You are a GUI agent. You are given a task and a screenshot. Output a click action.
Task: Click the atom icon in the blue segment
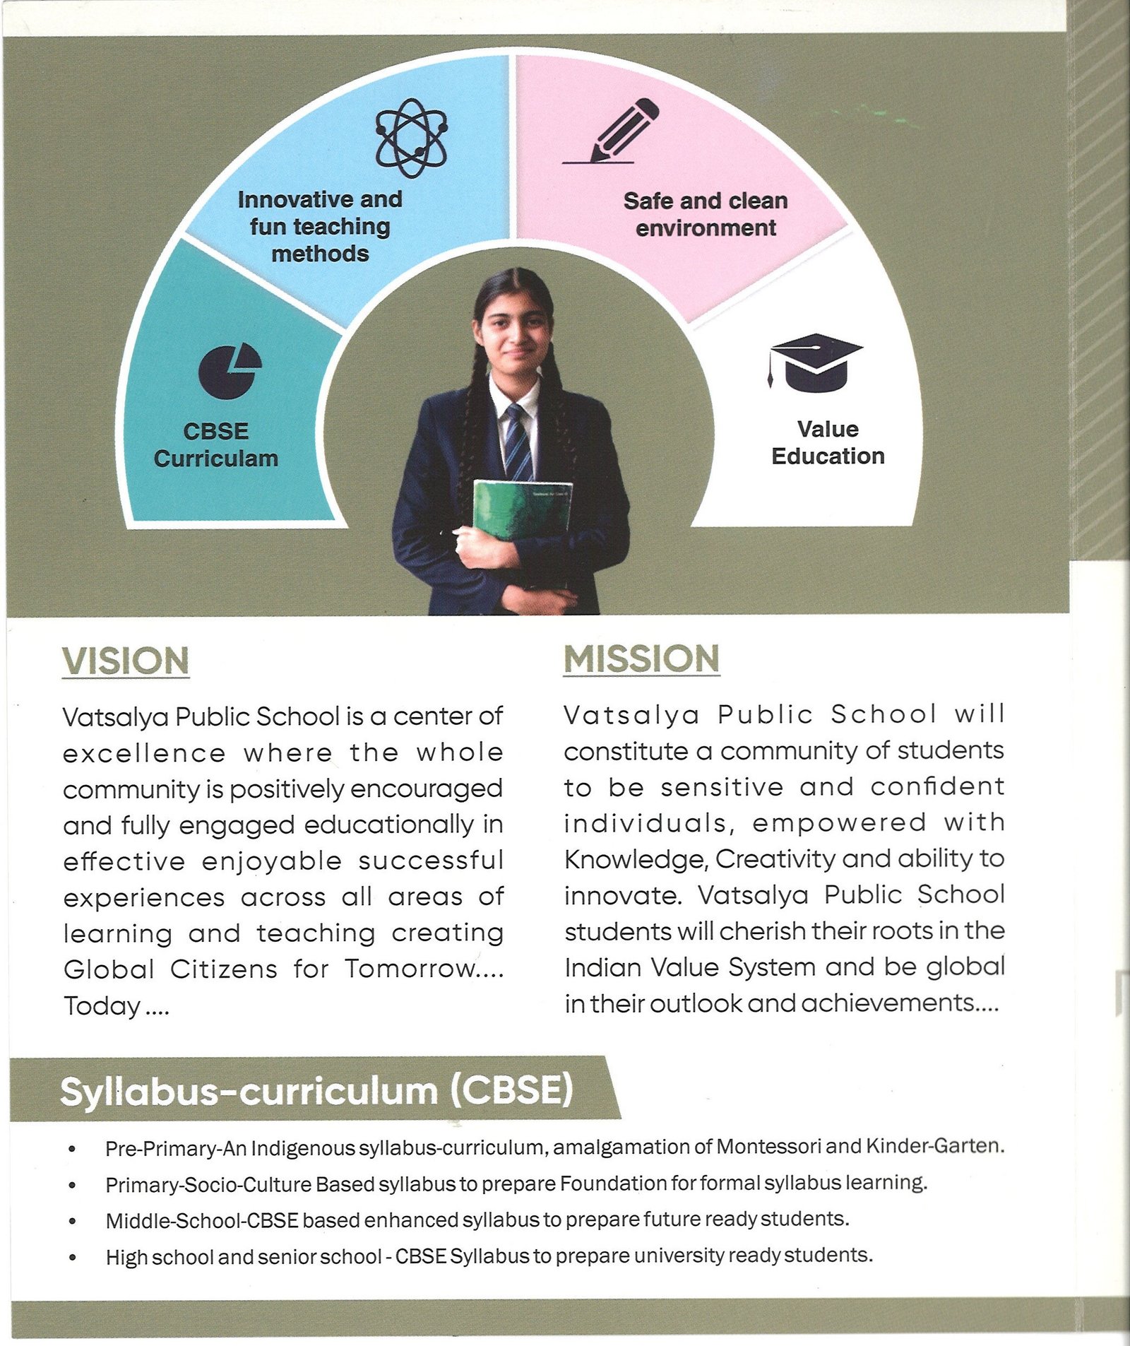412,138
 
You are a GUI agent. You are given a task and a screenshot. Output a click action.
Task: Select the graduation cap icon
816,362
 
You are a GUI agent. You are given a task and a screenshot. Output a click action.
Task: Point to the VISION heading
126,661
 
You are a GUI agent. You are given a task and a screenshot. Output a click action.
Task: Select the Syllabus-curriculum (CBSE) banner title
316,1091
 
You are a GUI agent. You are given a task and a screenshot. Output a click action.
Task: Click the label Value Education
828,443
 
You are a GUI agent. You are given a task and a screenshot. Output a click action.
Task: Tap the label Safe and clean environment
706,215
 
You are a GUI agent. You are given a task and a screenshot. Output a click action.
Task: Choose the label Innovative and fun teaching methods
320,226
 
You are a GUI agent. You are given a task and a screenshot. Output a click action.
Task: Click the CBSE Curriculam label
216,445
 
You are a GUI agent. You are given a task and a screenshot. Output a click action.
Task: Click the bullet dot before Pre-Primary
72,1149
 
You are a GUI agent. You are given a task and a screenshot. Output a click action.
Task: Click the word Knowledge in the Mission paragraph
635,860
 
